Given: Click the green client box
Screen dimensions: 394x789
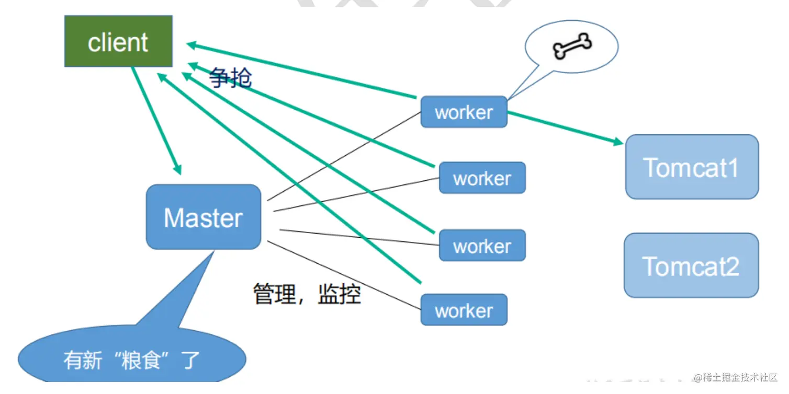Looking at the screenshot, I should point(118,41).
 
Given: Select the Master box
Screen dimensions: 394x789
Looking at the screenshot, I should point(203,217).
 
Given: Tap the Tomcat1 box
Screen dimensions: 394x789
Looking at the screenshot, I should point(691,167).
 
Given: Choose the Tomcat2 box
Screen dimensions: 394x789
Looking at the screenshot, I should point(691,265).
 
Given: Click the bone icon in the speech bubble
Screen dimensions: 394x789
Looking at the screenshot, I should point(572,46).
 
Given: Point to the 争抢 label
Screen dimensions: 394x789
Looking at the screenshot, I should point(231,78).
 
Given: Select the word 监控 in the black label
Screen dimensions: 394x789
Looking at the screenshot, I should point(340,294).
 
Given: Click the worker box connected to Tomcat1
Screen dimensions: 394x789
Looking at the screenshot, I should point(464,112).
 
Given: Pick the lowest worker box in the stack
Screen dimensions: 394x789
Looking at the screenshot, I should point(464,310).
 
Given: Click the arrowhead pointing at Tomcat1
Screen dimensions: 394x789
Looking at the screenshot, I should point(617,142).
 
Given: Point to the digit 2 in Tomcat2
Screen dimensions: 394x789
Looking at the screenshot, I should point(731,266).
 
